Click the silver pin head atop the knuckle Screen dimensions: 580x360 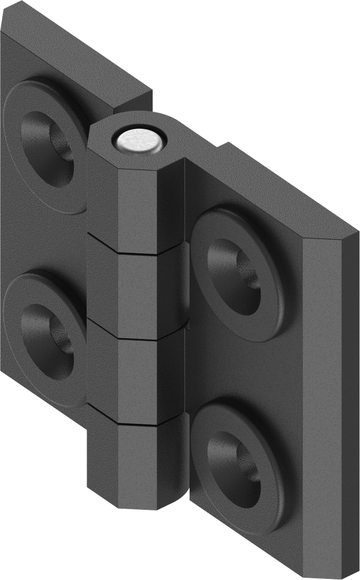pyautogui.click(x=139, y=140)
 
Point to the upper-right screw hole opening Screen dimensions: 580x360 pyautogui.click(x=235, y=271)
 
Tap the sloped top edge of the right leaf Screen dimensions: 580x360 pyautogui.click(x=272, y=187)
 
